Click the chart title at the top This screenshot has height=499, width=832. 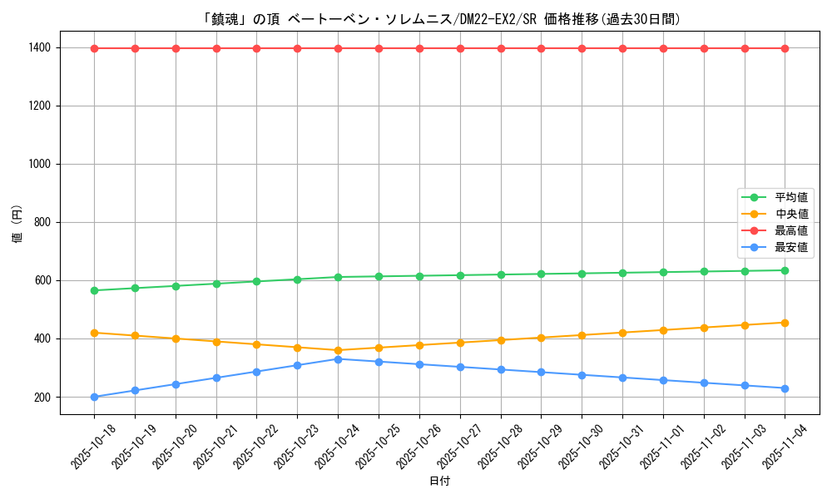click(442, 18)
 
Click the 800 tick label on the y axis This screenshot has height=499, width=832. click(40, 222)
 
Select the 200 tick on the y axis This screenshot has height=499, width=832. click(40, 397)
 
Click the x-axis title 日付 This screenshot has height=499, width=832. click(439, 482)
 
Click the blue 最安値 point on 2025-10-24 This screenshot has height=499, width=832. click(338, 358)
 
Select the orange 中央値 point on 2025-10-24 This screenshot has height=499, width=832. click(338, 350)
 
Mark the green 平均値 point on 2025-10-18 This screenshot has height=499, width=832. click(94, 290)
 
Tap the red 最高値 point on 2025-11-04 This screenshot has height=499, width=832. click(785, 48)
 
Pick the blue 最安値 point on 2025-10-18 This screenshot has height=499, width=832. click(94, 397)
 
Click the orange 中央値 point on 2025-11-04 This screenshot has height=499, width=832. click(785, 323)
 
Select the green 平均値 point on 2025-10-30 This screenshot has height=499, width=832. click(582, 273)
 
